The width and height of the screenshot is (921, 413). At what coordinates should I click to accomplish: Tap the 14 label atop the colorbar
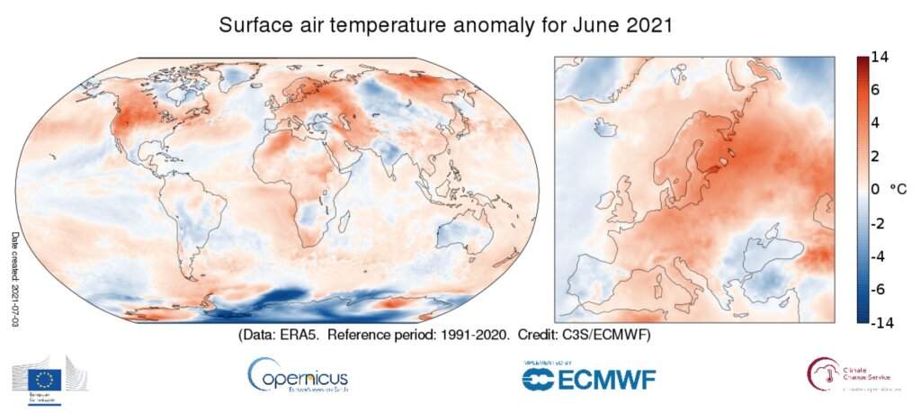881,58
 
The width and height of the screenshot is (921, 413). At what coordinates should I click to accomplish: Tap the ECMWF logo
588,376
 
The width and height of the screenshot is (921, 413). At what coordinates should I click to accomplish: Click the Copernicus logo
296,373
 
